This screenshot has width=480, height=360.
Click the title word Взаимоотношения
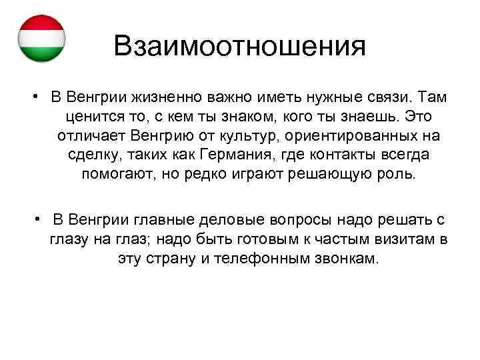(240, 47)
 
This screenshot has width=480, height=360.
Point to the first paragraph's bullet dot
(33, 97)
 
